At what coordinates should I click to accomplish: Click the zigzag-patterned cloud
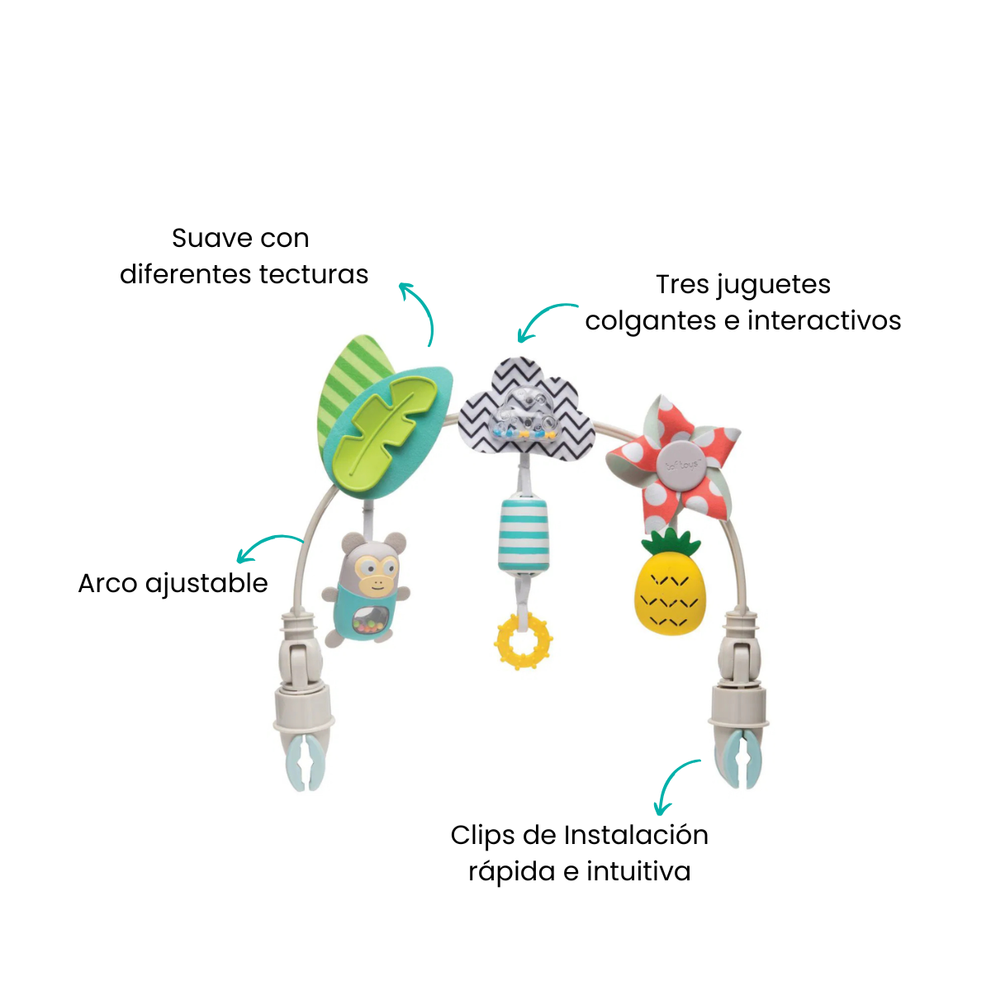point(526,410)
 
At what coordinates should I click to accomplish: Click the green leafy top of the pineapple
point(670,543)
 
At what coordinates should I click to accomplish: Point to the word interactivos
point(824,321)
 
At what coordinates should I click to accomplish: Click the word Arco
point(108,584)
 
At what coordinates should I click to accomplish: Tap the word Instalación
point(636,835)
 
